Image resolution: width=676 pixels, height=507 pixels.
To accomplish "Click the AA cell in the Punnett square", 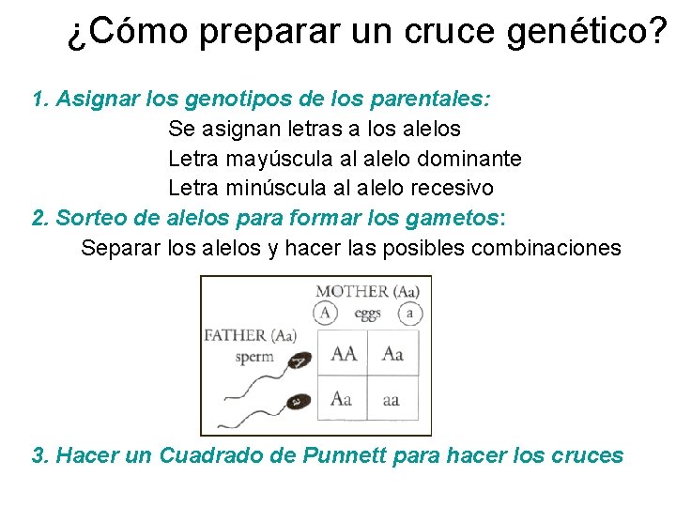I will pos(344,353).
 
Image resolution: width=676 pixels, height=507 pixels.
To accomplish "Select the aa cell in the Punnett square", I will pos(391,399).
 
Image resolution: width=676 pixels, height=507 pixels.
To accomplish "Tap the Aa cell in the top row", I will pos(392,353).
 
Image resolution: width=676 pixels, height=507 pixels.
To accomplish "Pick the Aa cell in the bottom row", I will pos(342,399).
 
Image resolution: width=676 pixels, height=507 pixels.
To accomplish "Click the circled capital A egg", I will pos(325,314).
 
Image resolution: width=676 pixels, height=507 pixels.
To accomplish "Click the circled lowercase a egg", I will pos(409,314).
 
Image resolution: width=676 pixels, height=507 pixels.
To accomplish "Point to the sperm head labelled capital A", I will pos(300,360).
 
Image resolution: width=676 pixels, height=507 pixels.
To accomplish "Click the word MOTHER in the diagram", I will pos(350,291).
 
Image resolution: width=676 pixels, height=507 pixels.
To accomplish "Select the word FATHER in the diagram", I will pos(234,335).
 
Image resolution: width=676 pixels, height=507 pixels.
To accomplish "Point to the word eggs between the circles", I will pos(367,313).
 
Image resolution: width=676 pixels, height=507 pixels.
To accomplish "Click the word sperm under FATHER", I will pos(254,356).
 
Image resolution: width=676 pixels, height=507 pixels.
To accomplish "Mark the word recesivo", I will pos(449,188).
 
